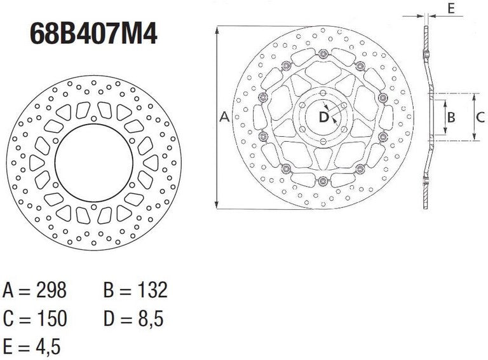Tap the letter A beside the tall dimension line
[224, 117]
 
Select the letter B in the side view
[451, 117]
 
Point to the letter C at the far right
[480, 117]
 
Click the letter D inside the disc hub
[323, 117]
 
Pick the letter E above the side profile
[451, 8]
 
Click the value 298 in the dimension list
[51, 291]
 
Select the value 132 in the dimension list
[152, 291]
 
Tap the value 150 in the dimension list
[51, 319]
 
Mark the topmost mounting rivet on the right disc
[323, 53]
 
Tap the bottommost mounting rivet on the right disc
[323, 181]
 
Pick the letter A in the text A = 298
[9, 291]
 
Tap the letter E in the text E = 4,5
[8, 346]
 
